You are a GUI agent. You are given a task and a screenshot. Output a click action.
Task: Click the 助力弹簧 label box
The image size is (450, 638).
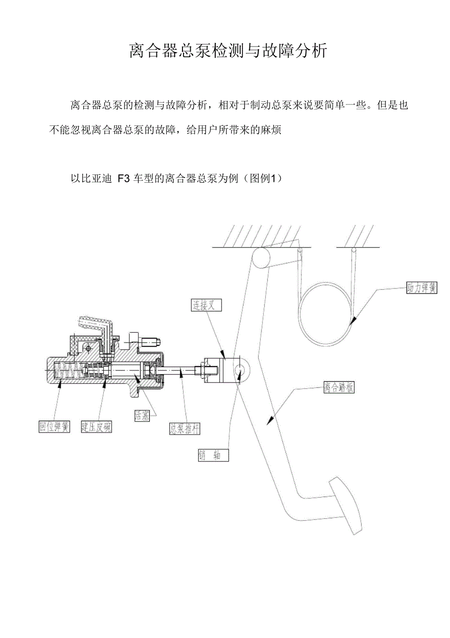(x=422, y=288)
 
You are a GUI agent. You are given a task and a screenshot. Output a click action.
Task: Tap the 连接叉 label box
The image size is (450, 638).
(x=206, y=305)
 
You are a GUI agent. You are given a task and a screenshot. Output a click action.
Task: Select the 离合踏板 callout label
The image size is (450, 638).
(x=338, y=388)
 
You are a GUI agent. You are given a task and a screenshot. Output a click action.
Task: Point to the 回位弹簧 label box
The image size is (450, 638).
(x=55, y=426)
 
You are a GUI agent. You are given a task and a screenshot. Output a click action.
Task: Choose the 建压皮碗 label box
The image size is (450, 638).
(x=96, y=426)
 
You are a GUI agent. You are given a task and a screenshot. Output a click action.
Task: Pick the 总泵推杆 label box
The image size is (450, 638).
(x=184, y=428)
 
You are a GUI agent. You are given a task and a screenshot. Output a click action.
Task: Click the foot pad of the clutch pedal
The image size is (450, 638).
(x=346, y=505)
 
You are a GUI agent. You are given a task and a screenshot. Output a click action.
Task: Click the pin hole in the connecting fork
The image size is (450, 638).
(x=241, y=368)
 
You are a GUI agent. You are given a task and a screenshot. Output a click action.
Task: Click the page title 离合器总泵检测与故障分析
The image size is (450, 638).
(x=228, y=50)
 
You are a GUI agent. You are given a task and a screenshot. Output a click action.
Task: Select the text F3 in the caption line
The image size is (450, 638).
(x=123, y=179)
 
